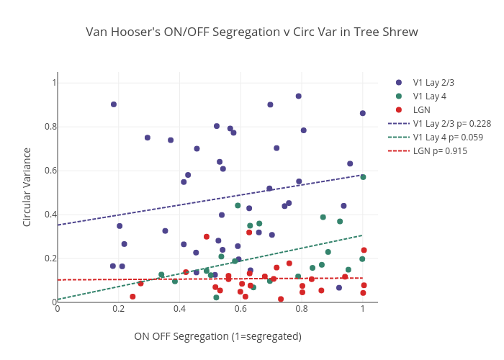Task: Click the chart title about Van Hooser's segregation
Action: pos(251,32)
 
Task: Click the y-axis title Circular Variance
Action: pos(27,187)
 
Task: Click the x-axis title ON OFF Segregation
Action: pos(217,336)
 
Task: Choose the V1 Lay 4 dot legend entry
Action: pos(429,96)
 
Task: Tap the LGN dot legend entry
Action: pos(422,110)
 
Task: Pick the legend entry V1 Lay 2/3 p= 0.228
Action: pos(451,124)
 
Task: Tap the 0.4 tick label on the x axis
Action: pos(179,310)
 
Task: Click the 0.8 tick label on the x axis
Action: pos(302,310)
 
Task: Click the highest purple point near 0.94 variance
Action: pos(299,96)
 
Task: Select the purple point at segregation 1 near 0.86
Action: pos(363,113)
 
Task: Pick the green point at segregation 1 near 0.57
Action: pos(363,177)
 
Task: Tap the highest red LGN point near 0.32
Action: pos(249,232)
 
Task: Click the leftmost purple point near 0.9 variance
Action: pos(114,104)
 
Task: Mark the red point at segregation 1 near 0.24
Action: pos(364,250)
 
